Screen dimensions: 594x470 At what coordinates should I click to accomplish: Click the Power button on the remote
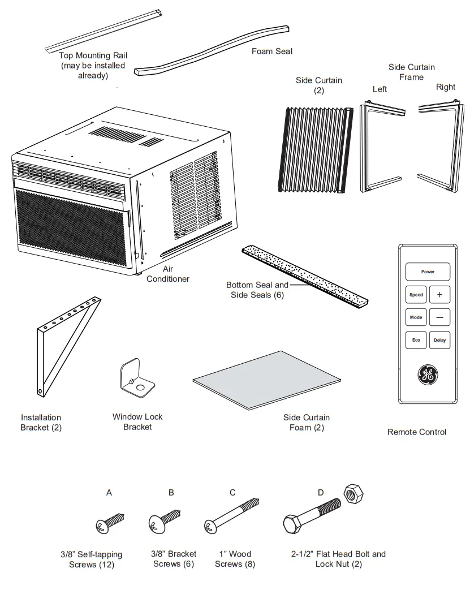point(428,272)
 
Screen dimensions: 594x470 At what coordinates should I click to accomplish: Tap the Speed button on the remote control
point(416,295)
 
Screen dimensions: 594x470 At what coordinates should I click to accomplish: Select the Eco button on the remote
point(416,340)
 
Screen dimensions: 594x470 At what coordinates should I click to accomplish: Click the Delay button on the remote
point(439,340)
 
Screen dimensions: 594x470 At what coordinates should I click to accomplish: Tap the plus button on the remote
point(439,295)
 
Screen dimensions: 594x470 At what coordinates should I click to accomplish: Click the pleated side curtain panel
point(316,149)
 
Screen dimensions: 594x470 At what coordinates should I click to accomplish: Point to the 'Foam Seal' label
point(272,51)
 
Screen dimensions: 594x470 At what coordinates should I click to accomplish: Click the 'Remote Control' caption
point(416,432)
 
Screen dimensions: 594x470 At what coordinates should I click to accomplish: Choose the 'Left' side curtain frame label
point(380,89)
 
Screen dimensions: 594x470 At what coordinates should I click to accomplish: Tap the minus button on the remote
point(439,317)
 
